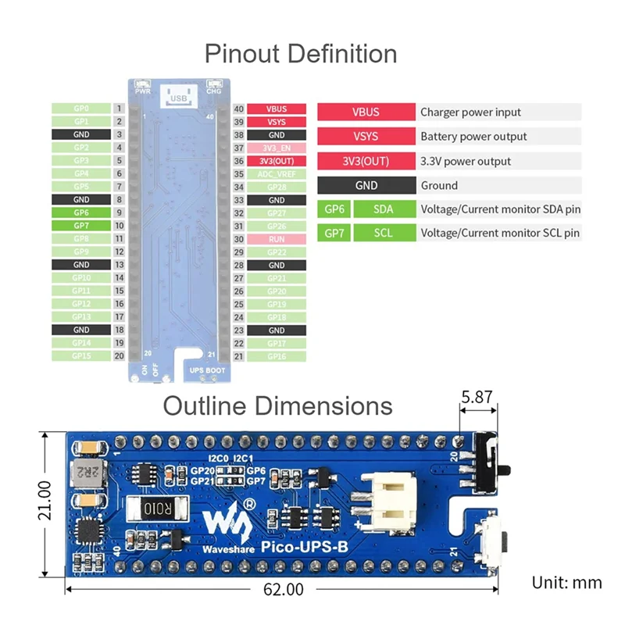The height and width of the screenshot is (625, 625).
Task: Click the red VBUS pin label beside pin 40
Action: pyautogui.click(x=276, y=109)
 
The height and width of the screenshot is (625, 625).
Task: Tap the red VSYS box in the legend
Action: pyautogui.click(x=366, y=137)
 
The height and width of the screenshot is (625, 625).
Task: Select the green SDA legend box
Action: pyautogui.click(x=384, y=209)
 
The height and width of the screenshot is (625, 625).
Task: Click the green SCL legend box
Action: pyautogui.click(x=384, y=233)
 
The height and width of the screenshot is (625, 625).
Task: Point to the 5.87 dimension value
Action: pyautogui.click(x=477, y=397)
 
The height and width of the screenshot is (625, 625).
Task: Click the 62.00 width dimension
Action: pyautogui.click(x=283, y=590)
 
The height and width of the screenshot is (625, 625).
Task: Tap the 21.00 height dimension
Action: pyautogui.click(x=45, y=500)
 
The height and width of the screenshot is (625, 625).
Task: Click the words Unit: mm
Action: pyautogui.click(x=566, y=582)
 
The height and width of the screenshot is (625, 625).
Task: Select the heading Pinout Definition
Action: pyautogui.click(x=301, y=54)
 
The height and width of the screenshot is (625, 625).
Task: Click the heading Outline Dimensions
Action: pyautogui.click(x=277, y=406)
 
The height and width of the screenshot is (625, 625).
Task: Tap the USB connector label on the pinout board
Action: pyautogui.click(x=179, y=98)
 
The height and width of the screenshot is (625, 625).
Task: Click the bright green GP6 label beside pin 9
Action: pyautogui.click(x=81, y=212)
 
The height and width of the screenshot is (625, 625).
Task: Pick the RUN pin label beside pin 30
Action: pyautogui.click(x=276, y=239)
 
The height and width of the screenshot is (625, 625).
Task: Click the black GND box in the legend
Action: pyautogui.click(x=366, y=185)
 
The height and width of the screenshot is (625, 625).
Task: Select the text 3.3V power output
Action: pyautogui.click(x=466, y=162)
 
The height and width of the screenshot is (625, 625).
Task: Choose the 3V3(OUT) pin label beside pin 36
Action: pyautogui.click(x=276, y=161)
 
